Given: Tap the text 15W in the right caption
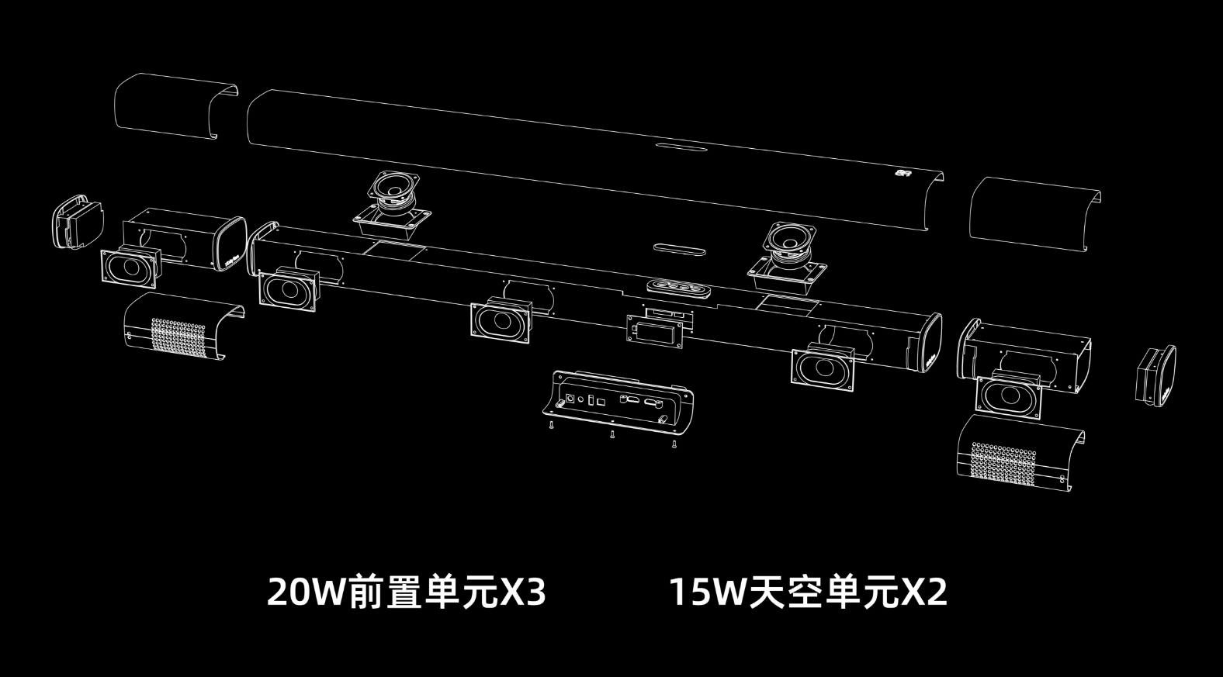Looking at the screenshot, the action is pyautogui.click(x=705, y=592).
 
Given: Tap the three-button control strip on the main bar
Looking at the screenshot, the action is pyautogui.click(x=678, y=287).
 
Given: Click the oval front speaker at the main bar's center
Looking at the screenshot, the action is pyautogui.click(x=501, y=319).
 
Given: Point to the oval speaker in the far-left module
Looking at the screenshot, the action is pyautogui.click(x=130, y=268).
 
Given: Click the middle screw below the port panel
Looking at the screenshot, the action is pyautogui.click(x=611, y=434).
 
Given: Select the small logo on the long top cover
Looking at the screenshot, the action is pyautogui.click(x=903, y=174).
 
